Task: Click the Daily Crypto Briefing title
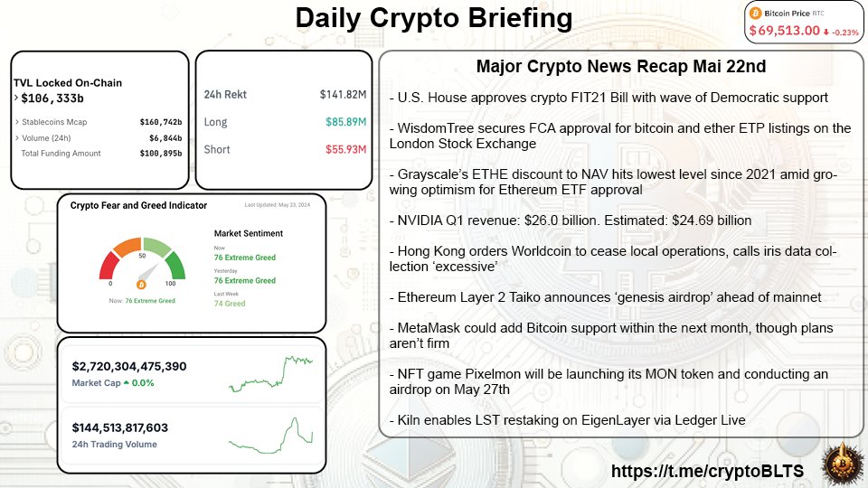[x=434, y=18]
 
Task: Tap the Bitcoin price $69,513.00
[x=784, y=31]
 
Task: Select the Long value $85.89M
[x=344, y=122]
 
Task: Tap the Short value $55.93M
[x=344, y=149]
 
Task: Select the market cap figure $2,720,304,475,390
[x=129, y=366]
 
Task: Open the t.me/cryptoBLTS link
[x=708, y=471]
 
